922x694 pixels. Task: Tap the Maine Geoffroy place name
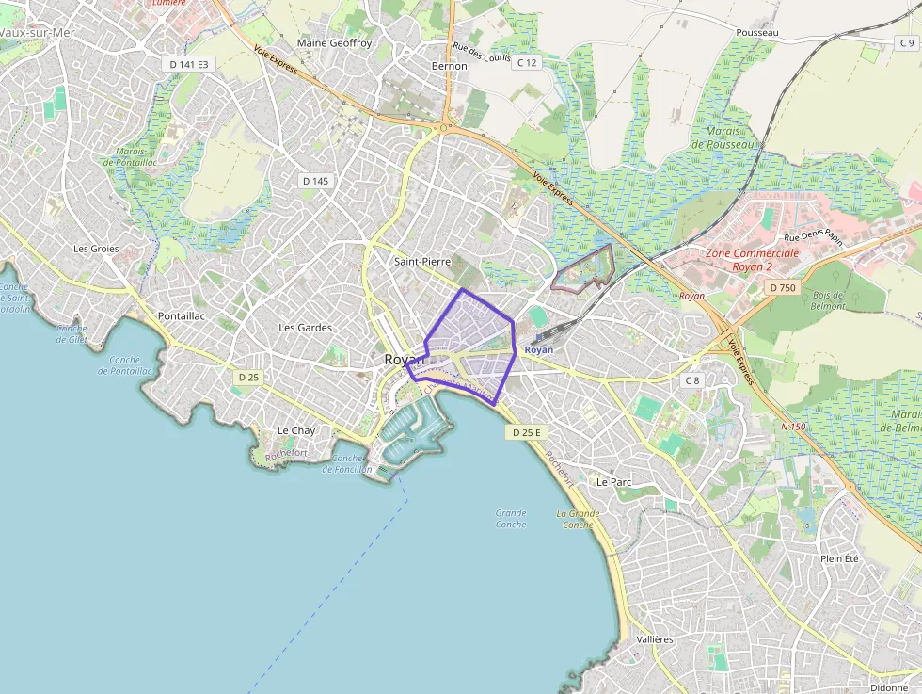tap(334, 43)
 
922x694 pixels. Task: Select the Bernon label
tap(449, 66)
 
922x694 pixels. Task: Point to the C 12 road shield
tap(527, 62)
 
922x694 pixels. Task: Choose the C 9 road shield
tap(905, 43)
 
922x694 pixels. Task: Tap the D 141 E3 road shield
tap(189, 64)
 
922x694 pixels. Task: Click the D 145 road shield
tap(315, 180)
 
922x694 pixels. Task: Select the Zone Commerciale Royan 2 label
tap(752, 259)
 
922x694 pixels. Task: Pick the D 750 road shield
tap(782, 287)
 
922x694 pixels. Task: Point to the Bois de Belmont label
tap(828, 300)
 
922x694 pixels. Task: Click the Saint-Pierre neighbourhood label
tap(422, 261)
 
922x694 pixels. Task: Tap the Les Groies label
tap(96, 249)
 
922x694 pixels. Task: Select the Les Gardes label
tap(305, 328)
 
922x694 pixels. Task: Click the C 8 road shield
tap(692, 380)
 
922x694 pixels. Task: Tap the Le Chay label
tap(295, 430)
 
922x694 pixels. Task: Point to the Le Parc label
tap(613, 481)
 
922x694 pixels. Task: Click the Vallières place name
tap(655, 639)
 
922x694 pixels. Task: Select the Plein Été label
tap(839, 558)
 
